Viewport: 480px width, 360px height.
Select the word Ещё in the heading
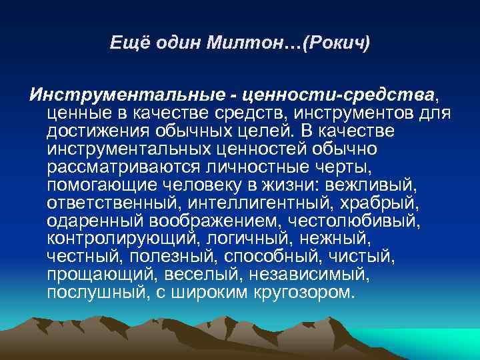pyautogui.click(x=125, y=45)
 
